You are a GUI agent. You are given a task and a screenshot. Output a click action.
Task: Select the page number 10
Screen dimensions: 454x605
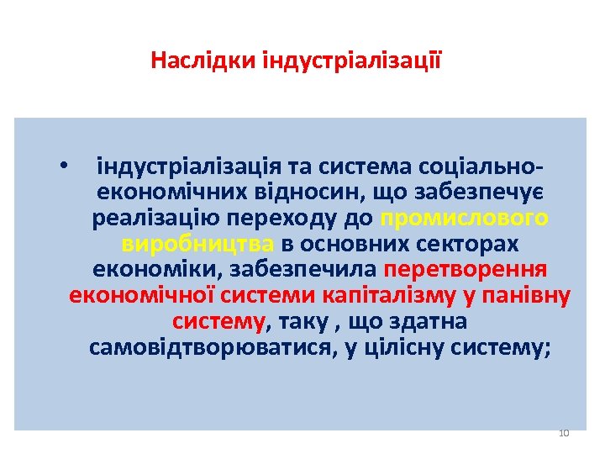[x=564, y=433]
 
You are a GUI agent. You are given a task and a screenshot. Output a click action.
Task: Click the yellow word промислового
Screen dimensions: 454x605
[x=465, y=219]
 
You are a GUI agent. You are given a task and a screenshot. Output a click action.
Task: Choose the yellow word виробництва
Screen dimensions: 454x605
[x=198, y=245]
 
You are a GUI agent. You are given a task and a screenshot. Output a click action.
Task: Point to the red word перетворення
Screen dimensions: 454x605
[x=465, y=271]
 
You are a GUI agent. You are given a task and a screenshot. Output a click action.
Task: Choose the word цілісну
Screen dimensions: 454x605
[x=402, y=349]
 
